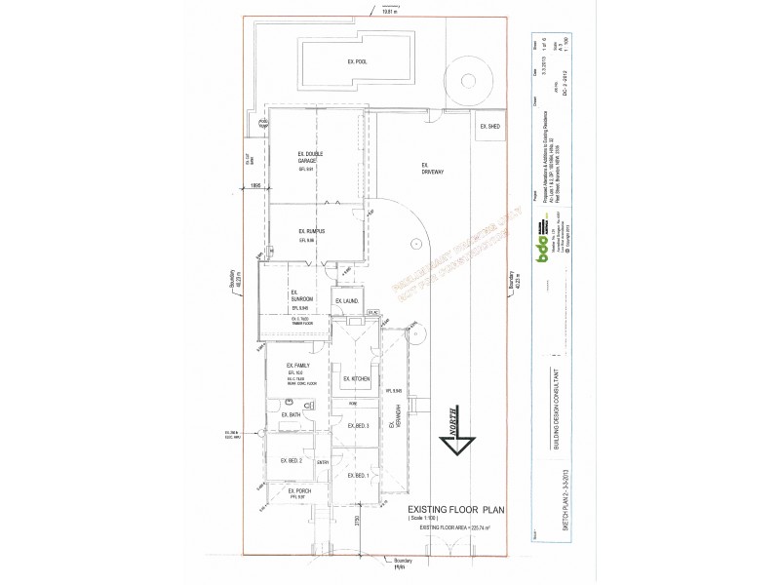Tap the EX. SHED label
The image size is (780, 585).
[488, 127]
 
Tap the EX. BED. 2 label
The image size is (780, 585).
[292, 460]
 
